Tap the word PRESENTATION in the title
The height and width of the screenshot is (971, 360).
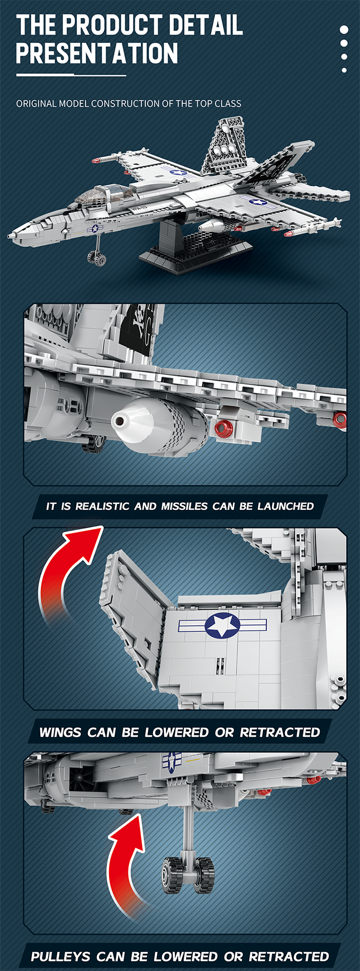(97, 53)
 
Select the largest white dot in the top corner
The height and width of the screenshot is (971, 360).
(344, 30)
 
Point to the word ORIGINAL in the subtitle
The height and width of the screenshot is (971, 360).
(36, 104)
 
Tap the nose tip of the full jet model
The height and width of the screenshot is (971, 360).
(9, 236)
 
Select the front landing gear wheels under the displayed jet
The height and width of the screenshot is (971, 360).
(97, 260)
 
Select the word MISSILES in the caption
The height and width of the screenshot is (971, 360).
(184, 506)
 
